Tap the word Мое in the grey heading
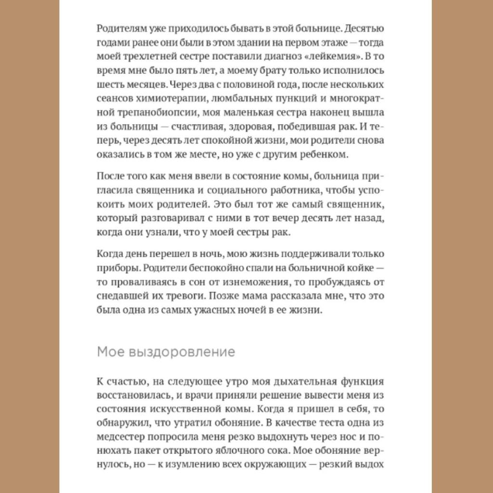click(108, 352)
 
